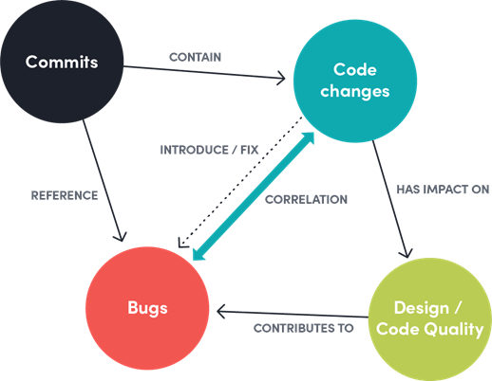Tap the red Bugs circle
(147, 309)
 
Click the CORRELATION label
(306, 200)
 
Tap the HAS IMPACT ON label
(443, 190)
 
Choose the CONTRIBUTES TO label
(302, 328)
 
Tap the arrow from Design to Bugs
(294, 310)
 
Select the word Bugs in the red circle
(147, 309)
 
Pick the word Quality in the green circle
(457, 329)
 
